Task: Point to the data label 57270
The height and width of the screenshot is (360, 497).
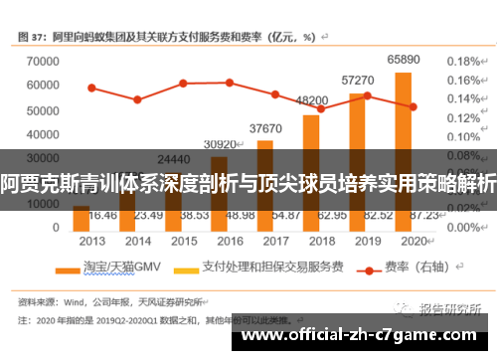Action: pos(357,80)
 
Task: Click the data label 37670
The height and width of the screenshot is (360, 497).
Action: pos(265,128)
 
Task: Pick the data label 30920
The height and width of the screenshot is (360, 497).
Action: pos(220,144)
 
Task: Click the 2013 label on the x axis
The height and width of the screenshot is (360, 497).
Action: pos(92,242)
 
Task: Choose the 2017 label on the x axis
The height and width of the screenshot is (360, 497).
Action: pos(276,242)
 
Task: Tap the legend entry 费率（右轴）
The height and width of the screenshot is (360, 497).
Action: pos(410,267)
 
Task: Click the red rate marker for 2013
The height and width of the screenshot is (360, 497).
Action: pos(91,88)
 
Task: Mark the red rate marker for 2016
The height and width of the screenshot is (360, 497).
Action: pos(230,83)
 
